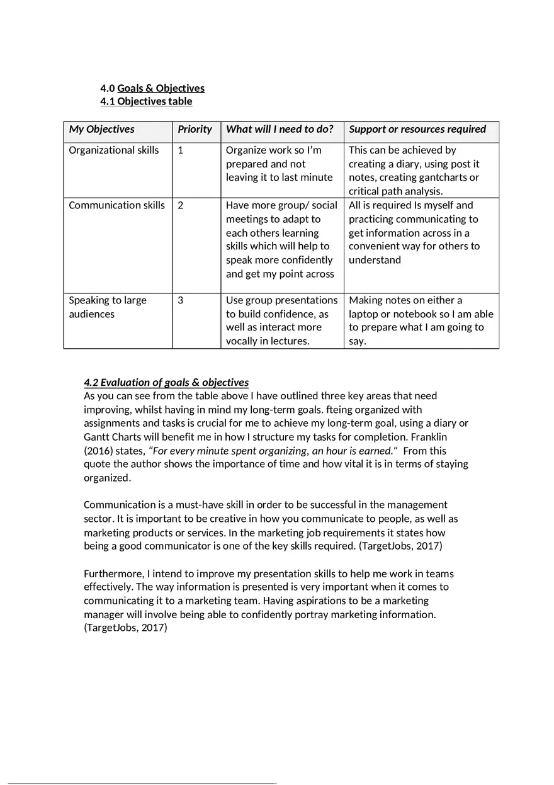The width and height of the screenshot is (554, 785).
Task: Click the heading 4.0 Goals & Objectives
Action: pos(152,88)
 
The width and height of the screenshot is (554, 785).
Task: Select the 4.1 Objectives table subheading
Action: pos(146,101)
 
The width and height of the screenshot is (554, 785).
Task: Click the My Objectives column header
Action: pos(101,129)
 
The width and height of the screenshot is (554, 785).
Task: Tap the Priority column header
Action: pos(195,129)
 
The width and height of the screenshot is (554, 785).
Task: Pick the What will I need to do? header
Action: pos(280,129)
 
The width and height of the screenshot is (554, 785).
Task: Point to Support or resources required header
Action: pos(417,129)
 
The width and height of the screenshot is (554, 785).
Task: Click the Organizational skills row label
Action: pos(113,150)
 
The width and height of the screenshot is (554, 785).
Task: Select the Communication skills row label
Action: pos(116,205)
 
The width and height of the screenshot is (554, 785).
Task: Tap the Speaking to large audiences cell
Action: pos(107,307)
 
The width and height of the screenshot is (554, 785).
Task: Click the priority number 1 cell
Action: pos(181,150)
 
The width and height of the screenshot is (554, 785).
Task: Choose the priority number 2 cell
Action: pos(181,205)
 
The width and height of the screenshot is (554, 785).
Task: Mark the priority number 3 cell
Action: pos(181,300)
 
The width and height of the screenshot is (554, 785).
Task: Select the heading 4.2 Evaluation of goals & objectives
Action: pos(166,382)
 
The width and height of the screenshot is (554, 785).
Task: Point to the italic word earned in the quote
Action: pos(375,451)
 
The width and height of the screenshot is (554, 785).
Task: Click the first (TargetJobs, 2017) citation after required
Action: pos(400,546)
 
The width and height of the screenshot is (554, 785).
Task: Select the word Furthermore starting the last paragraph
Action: pos(113,573)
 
